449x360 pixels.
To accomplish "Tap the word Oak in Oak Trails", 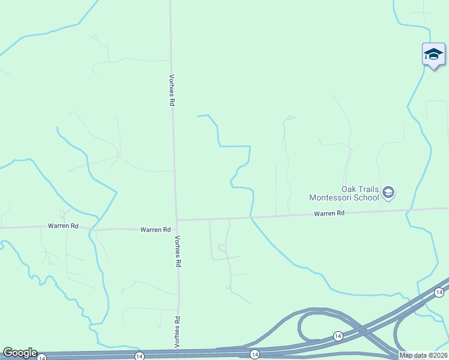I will tap(350, 189).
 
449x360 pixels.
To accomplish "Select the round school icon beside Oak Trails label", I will tap(388, 193).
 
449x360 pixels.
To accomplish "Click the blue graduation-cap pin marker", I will tap(433, 55).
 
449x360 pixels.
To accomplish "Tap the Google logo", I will tap(19, 353).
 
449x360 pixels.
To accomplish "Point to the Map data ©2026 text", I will tap(424, 355).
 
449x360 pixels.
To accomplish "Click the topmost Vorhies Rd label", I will tap(172, 90).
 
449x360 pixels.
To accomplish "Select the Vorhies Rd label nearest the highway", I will tap(178, 331).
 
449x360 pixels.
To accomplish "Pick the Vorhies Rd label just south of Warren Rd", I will tap(177, 250).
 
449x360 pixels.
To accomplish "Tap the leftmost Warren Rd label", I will tap(64, 226).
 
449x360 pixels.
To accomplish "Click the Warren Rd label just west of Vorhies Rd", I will tap(155, 229).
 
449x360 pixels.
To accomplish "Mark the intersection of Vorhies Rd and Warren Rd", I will tap(176, 220).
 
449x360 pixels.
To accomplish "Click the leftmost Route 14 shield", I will tap(41, 358).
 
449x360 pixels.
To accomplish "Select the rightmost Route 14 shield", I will tap(439, 292).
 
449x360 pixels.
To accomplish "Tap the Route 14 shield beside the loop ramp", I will tap(338, 335).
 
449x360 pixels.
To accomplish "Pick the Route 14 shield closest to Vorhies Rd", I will tap(139, 356).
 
